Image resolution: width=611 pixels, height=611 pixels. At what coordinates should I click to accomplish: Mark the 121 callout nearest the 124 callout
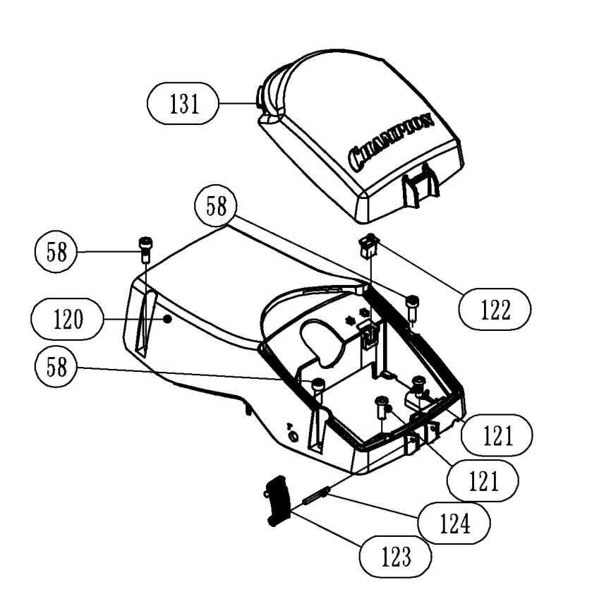[483, 481]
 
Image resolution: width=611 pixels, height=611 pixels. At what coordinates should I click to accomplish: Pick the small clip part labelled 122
[370, 248]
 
